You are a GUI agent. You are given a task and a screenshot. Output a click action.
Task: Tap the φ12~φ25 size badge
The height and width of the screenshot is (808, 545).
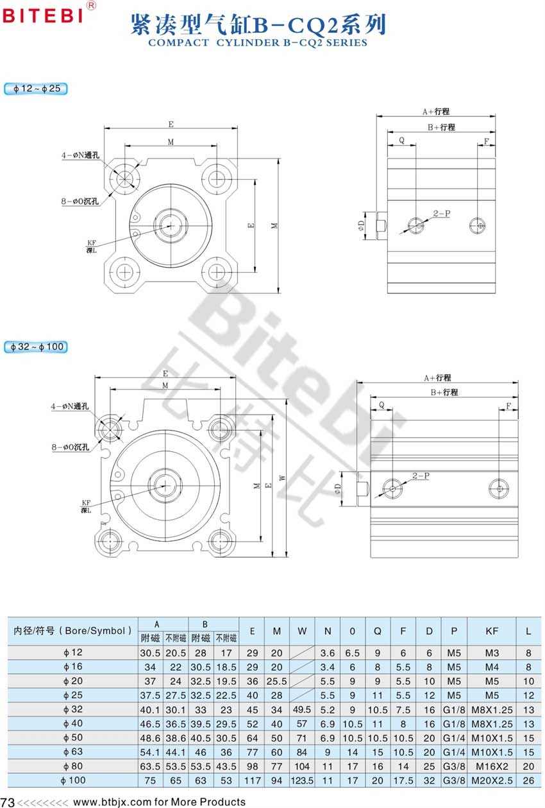coord(36,89)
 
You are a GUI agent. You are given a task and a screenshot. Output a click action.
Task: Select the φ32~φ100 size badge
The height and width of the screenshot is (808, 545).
coord(36,347)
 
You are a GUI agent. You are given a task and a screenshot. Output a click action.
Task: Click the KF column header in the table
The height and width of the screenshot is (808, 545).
coord(492,631)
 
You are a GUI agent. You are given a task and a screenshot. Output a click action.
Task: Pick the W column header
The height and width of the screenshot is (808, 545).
coord(302,631)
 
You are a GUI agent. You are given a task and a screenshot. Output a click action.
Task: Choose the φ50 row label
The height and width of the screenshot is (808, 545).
coord(73,737)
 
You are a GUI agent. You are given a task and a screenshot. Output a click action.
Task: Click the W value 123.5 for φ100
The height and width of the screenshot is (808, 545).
coord(302,780)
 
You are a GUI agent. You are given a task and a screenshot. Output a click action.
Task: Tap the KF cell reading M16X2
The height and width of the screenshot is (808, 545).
coord(492,766)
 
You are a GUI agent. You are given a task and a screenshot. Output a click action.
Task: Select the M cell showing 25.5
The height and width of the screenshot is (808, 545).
coord(276,681)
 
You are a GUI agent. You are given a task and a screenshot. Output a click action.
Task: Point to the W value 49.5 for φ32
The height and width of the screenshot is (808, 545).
coord(302,710)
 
